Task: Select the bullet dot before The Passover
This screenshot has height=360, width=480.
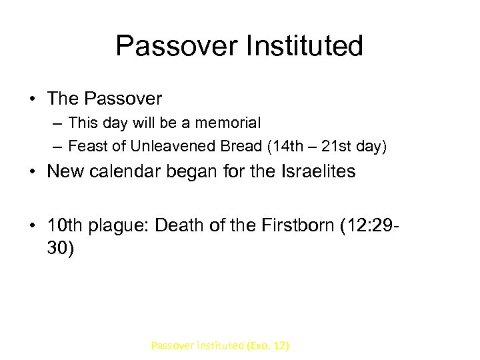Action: tap(33, 99)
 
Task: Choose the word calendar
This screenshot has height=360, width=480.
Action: tap(131, 171)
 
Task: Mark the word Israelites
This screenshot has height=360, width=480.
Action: tap(316, 171)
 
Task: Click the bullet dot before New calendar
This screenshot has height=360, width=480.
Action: tap(33, 172)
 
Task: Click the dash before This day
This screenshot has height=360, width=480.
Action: tap(59, 123)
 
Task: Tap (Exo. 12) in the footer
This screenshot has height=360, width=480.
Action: tap(268, 345)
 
